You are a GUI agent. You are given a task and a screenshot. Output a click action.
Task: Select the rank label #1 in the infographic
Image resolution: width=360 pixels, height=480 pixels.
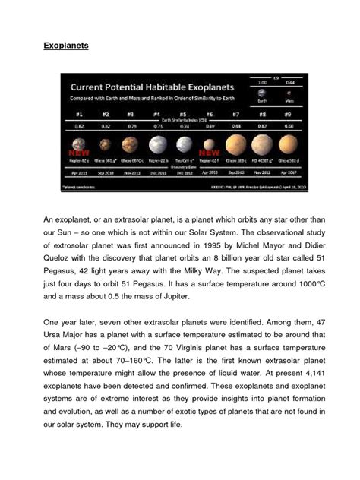pos(78,115)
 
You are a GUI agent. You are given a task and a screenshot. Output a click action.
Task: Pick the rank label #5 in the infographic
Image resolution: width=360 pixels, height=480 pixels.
pos(183,115)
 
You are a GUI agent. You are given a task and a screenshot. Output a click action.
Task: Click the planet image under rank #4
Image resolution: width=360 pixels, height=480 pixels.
pos(157,144)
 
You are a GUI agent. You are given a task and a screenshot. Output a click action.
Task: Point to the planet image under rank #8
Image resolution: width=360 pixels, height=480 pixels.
pos(262,144)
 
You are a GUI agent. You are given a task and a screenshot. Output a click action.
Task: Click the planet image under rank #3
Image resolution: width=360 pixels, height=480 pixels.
pos(131,144)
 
